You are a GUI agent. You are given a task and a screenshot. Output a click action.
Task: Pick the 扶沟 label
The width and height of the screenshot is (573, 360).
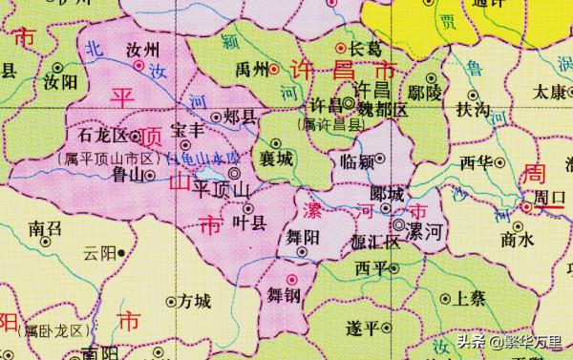(x=474, y=111)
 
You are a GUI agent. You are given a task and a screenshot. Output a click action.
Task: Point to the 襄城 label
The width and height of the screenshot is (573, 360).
(x=275, y=158)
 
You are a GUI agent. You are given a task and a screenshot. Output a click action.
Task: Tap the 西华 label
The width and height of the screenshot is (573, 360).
(x=476, y=162)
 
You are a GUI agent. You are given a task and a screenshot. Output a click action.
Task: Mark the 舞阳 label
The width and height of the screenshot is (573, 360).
(x=303, y=234)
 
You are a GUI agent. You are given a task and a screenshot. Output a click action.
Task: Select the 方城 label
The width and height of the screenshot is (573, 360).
(x=194, y=302)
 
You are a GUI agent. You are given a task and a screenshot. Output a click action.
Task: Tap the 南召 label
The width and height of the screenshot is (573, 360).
(x=46, y=228)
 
